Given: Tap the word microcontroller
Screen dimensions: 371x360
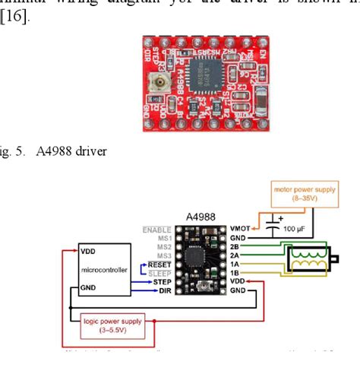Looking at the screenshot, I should pyautogui.click(x=104, y=270).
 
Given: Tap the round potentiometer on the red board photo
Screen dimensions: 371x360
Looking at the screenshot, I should pyautogui.click(x=162, y=83).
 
